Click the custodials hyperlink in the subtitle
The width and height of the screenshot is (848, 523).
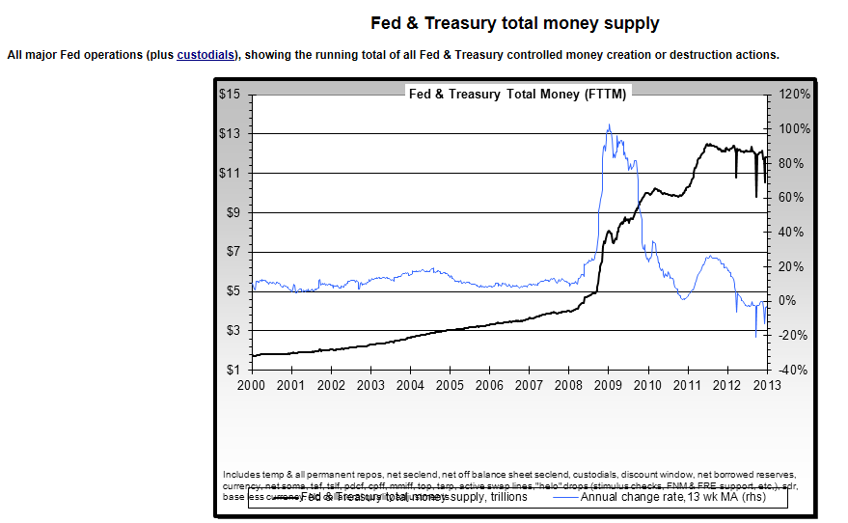(205, 55)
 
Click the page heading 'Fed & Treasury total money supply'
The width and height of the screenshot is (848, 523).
(515, 23)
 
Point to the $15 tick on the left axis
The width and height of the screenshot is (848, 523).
(229, 95)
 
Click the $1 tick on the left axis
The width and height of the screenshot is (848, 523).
(232, 371)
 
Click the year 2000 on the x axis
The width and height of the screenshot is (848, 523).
(251, 385)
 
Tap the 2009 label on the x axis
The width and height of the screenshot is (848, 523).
(608, 385)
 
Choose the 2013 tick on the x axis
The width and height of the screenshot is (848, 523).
(766, 385)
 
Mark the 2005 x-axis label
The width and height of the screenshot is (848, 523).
(449, 385)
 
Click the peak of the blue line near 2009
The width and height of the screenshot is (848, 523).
(609, 124)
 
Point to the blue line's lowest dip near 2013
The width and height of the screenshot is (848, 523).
(756, 336)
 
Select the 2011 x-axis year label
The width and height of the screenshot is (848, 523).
(687, 385)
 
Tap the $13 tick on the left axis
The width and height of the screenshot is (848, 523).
(229, 134)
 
